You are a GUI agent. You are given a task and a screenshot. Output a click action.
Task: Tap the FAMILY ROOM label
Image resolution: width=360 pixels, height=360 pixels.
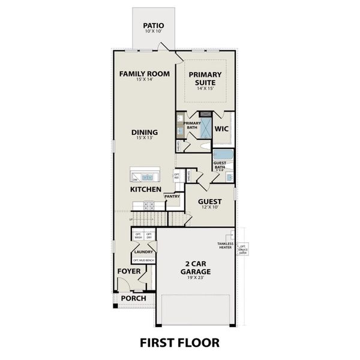(x=145, y=74)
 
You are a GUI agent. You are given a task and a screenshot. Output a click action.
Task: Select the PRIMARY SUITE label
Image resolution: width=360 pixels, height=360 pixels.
(x=206, y=78)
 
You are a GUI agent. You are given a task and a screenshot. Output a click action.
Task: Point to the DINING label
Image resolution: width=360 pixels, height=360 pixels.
(x=145, y=133)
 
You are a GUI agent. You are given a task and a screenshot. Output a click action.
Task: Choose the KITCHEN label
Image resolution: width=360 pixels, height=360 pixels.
(x=146, y=190)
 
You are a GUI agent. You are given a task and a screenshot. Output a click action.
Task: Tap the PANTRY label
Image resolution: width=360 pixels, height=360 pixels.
(x=173, y=196)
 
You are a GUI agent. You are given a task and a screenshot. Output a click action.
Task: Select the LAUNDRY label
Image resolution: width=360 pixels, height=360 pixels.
(x=143, y=252)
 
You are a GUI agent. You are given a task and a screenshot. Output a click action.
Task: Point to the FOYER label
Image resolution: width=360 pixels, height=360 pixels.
(x=129, y=272)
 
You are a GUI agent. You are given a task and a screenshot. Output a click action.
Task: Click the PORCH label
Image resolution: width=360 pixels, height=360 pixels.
(x=133, y=298)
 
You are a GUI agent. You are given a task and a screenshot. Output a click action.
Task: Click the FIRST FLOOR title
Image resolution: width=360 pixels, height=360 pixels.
(x=179, y=343)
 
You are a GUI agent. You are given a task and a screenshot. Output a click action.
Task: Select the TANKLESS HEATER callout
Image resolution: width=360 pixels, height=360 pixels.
(x=226, y=245)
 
